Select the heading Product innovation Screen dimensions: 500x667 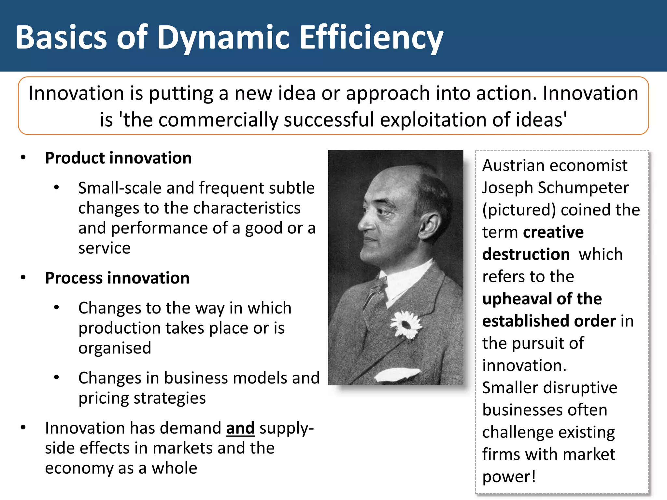click(x=118, y=158)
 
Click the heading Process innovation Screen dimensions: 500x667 click(x=117, y=278)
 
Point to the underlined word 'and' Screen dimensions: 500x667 click(x=240, y=428)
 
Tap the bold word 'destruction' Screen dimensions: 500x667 click(x=526, y=254)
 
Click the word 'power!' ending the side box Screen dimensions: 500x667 click(x=509, y=477)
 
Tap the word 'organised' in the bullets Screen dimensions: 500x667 click(x=115, y=348)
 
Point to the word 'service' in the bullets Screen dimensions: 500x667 click(x=104, y=248)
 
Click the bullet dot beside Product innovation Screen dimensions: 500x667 click(x=23, y=158)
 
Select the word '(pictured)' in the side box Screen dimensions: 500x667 click(x=519, y=210)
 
